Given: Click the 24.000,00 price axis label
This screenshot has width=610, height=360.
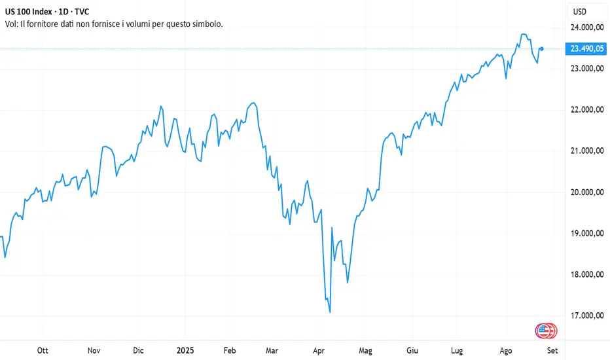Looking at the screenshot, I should (587, 27).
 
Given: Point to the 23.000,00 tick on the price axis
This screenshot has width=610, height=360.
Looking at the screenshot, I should (587, 69).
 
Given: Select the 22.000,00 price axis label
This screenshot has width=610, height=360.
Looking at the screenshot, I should (587, 110).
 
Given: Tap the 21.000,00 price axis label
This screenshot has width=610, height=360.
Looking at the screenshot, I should (587, 151).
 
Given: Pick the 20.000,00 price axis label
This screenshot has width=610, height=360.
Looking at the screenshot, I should (587, 192).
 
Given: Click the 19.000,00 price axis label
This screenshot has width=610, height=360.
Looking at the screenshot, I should (587, 234).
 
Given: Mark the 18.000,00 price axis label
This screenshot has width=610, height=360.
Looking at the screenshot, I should (587, 275).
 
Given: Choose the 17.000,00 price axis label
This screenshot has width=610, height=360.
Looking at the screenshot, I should (587, 316).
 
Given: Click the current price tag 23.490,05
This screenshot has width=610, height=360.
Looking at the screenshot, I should (586, 48).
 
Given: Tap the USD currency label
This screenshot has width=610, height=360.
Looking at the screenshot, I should (580, 12).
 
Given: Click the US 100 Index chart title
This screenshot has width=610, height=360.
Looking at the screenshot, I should (46, 12).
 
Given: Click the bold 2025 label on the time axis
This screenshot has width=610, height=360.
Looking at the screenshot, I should (185, 350).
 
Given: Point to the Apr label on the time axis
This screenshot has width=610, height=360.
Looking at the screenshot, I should (319, 350).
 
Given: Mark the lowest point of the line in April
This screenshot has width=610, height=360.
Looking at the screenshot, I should (330, 312).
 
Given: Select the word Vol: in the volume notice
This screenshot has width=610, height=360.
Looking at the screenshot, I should (12, 24).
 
